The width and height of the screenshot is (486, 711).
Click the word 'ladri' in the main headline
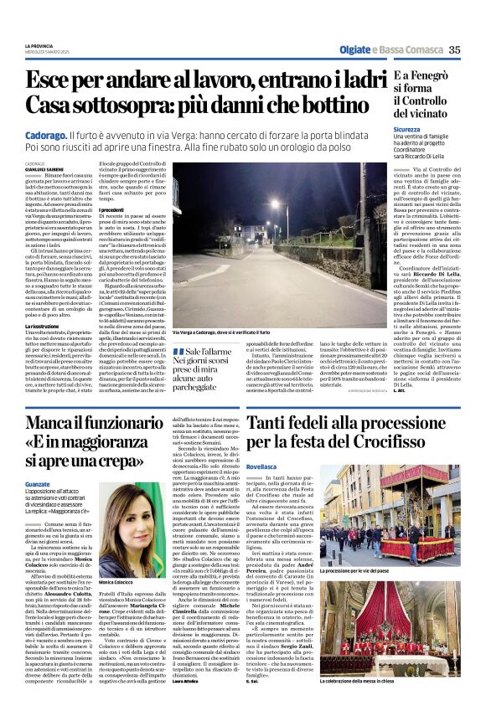[349, 81]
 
